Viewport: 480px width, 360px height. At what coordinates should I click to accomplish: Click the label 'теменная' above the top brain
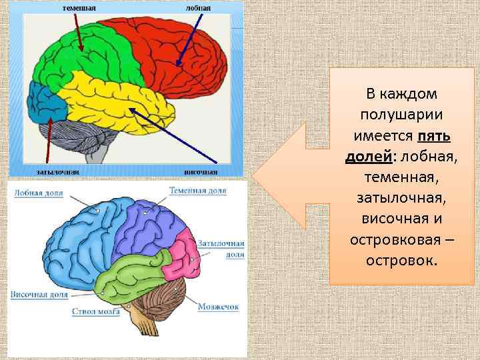click(79, 8)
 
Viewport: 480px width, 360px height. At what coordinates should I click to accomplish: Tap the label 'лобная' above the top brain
click(199, 8)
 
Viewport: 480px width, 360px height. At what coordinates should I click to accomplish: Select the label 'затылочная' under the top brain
click(58, 171)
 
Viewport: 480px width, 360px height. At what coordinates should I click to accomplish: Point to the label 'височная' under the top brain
click(201, 171)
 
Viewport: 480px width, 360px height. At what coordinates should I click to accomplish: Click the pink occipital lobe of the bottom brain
click(182, 257)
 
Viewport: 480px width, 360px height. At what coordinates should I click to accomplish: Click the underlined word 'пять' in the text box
click(434, 137)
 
